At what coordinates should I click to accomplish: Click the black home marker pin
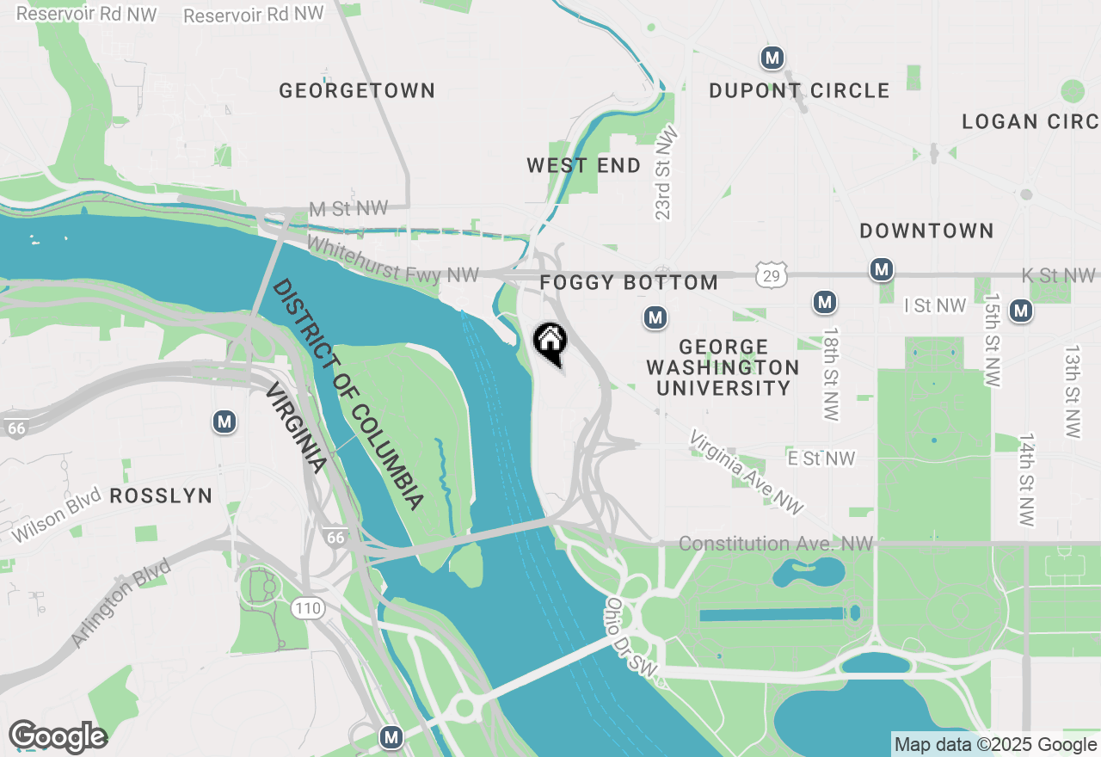point(550,343)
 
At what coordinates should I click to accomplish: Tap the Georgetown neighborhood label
point(357,90)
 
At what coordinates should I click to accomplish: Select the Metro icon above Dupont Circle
point(772,58)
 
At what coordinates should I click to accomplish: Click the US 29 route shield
point(772,275)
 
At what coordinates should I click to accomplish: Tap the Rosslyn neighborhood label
point(161,495)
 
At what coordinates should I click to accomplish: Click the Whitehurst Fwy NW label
point(392,261)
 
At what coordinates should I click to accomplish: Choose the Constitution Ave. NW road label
point(775,544)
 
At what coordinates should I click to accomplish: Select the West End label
point(584,165)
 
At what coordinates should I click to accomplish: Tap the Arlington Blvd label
point(121,602)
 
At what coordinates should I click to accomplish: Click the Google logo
point(58,737)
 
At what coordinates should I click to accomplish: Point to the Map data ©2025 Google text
point(995,745)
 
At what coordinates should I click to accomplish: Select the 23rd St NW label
point(665,175)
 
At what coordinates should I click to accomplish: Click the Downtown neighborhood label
point(926,231)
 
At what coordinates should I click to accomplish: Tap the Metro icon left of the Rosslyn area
point(225,422)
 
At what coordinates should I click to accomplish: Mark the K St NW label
point(1058,275)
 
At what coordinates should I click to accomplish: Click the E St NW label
point(821,459)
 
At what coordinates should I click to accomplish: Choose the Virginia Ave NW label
point(746,472)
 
